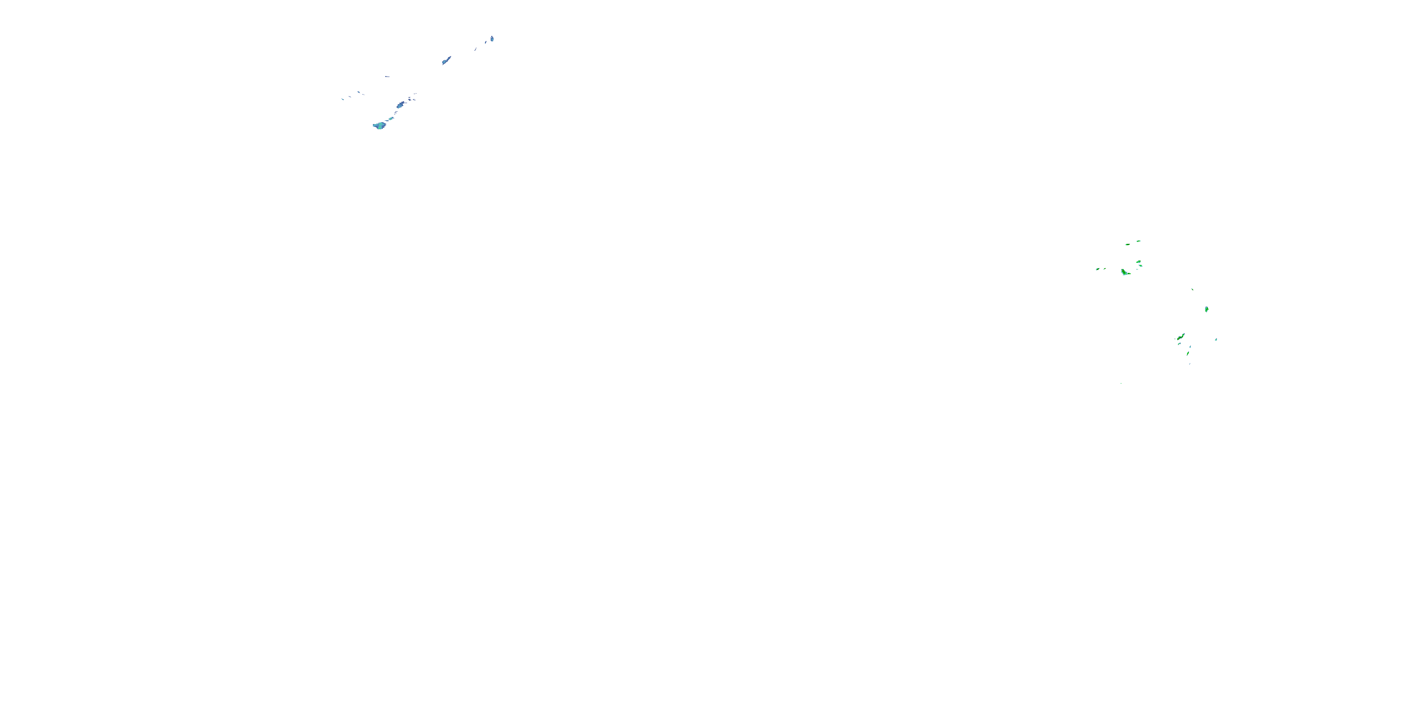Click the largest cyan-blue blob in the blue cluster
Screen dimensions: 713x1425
pyautogui.click(x=380, y=125)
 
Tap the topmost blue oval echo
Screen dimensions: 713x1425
pyautogui.click(x=492, y=39)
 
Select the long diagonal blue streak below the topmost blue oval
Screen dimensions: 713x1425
pyautogui.click(x=446, y=60)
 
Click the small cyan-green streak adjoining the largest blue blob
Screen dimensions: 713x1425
pyautogui.click(x=391, y=118)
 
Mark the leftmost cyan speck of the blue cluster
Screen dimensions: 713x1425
pyautogui.click(x=342, y=99)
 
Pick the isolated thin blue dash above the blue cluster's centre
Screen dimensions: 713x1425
pyautogui.click(x=387, y=77)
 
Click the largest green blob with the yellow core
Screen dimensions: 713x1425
pyautogui.click(x=1125, y=272)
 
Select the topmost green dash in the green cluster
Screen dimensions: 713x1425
pyautogui.click(x=1138, y=241)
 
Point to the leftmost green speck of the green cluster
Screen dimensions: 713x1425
pyautogui.click(x=1097, y=269)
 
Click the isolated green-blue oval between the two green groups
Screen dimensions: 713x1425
pyautogui.click(x=1206, y=309)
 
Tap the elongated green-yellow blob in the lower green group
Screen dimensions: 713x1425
pyautogui.click(x=1180, y=337)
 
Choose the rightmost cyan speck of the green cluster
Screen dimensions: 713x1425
pyautogui.click(x=1216, y=339)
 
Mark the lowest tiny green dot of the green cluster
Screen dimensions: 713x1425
pyautogui.click(x=1121, y=383)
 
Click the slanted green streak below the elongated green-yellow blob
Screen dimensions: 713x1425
pyautogui.click(x=1187, y=353)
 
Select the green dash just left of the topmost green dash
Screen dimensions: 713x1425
pyautogui.click(x=1127, y=243)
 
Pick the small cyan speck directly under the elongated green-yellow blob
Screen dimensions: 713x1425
pyautogui.click(x=1179, y=344)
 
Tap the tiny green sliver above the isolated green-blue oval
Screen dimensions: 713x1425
pyautogui.click(x=1192, y=289)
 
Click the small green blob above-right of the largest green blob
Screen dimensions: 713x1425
pyautogui.click(x=1139, y=262)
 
